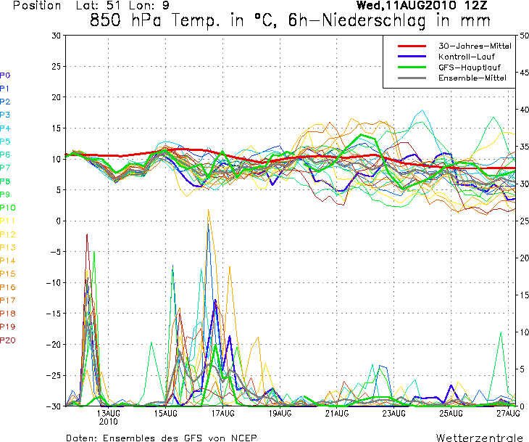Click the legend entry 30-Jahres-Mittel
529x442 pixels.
tap(475, 46)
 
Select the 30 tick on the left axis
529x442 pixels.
tap(57, 35)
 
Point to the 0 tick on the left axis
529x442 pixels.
tap(59, 221)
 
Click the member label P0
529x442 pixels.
tap(5, 75)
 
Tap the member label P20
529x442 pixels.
tap(8, 340)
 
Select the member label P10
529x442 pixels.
tap(8, 208)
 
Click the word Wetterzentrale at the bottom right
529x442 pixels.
tap(479, 438)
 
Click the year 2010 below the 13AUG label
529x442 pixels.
tap(109, 421)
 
